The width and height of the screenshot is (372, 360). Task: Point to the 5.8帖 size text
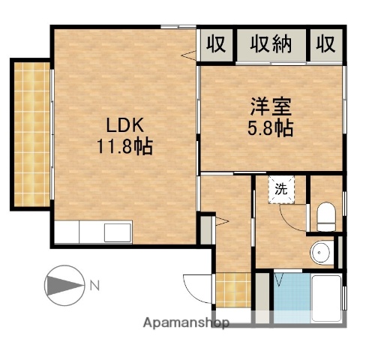pyautogui.click(x=270, y=128)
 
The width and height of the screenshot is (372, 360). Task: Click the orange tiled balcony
pyautogui.click(x=30, y=133)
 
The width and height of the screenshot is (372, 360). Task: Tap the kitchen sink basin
pyautogui.click(x=118, y=233)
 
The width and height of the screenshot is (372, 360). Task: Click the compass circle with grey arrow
pyautogui.click(x=63, y=286)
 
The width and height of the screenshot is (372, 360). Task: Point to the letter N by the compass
pyautogui.click(x=94, y=285)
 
